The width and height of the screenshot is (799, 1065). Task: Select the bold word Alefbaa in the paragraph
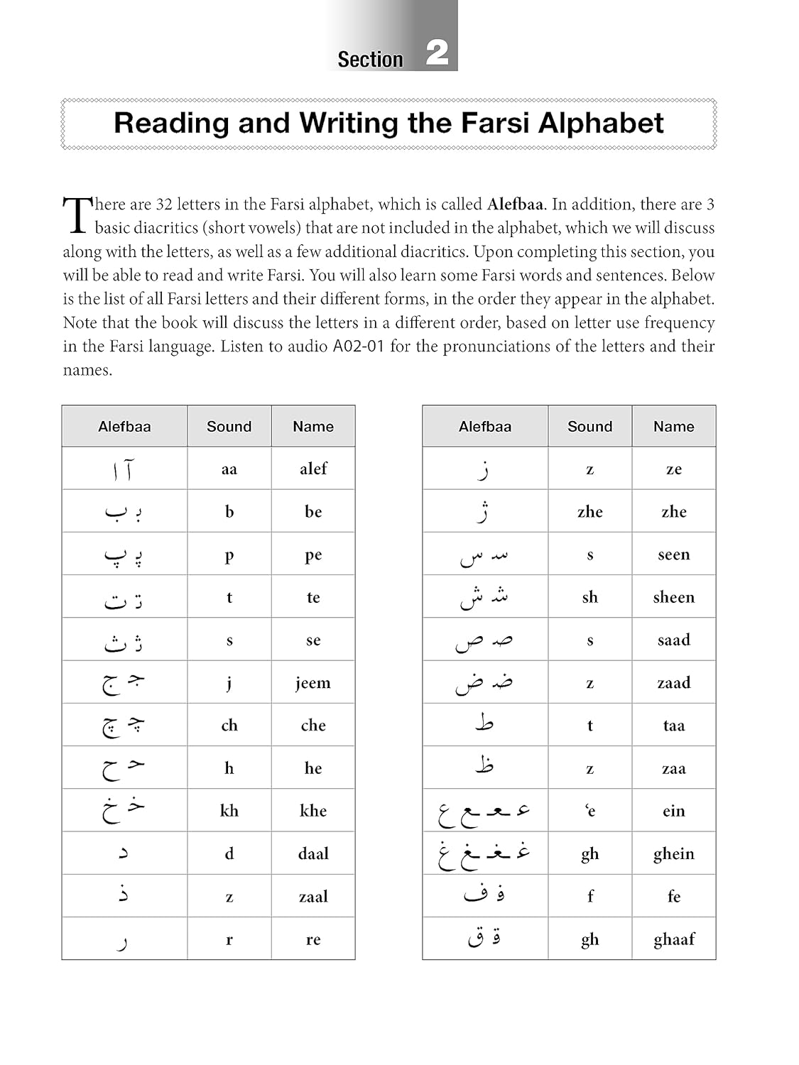click(515, 204)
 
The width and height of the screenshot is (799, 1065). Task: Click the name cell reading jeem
click(313, 683)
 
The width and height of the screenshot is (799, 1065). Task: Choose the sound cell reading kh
click(229, 811)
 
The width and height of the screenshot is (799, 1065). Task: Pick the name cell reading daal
click(313, 853)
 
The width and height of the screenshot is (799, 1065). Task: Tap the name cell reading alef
click(313, 469)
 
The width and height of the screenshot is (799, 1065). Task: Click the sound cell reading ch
click(229, 726)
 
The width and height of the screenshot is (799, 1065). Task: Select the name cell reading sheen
click(673, 597)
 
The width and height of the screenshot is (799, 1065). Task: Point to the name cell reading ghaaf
click(673, 939)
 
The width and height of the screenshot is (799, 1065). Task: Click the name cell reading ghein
click(673, 853)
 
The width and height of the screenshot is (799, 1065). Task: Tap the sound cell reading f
click(589, 896)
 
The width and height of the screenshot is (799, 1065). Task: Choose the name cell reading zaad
click(673, 683)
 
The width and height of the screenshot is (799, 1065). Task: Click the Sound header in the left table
click(229, 427)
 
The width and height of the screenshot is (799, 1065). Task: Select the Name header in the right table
click(673, 427)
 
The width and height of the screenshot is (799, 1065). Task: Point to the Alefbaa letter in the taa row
click(484, 724)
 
